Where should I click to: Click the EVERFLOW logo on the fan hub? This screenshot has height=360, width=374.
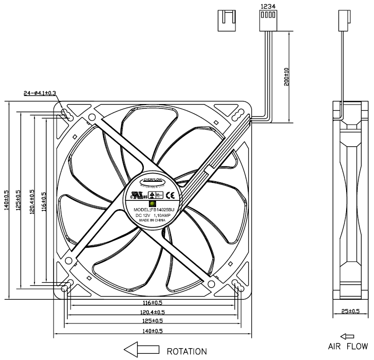tap(152, 180)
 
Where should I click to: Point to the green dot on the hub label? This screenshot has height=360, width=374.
tap(153, 203)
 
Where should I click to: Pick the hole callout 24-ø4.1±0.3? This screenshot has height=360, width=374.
tap(40, 93)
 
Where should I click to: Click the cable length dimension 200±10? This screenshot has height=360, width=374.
tap(287, 77)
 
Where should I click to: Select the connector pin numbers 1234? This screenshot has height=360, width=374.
tap(267, 7)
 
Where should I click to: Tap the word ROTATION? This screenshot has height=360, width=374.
tap(186, 351)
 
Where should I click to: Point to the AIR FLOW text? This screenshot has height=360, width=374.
tap(349, 346)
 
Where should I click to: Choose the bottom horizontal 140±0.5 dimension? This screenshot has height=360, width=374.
tap(152, 330)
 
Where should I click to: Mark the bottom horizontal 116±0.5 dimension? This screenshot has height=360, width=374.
tap(152, 302)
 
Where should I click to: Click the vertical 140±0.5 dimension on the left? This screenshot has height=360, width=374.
tap(6, 199)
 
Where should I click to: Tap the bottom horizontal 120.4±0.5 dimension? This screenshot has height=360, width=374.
tap(152, 312)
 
